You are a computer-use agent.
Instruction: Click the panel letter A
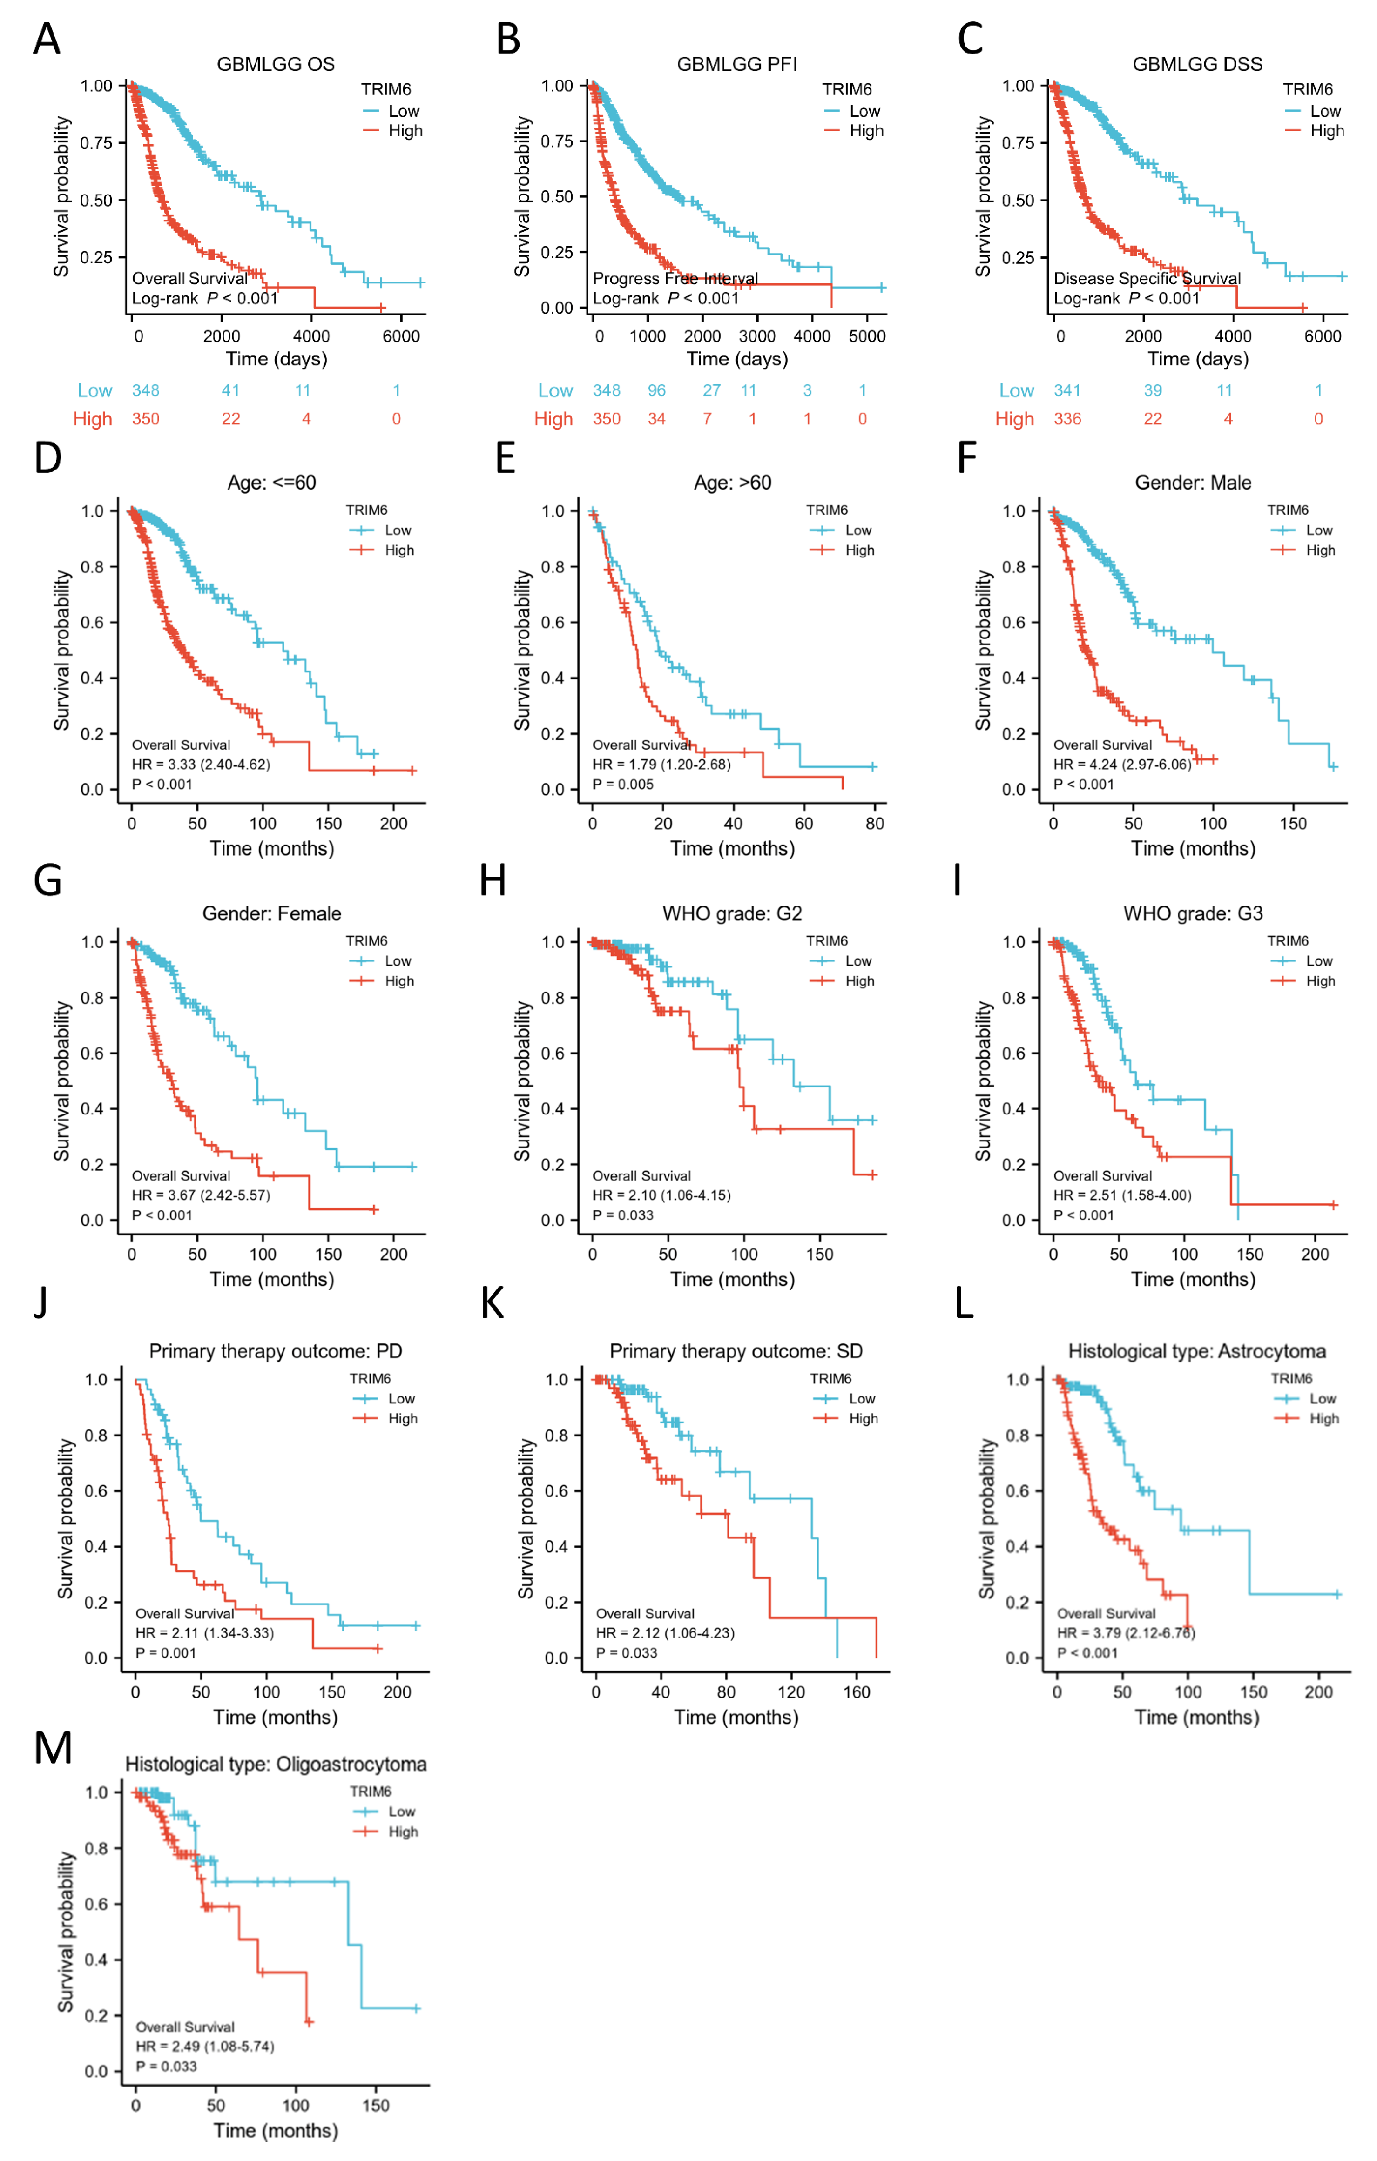click(x=47, y=40)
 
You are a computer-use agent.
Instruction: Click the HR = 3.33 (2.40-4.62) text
click(x=201, y=765)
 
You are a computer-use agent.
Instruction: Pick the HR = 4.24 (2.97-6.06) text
click(x=1122, y=765)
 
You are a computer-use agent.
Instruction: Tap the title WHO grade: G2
click(x=732, y=913)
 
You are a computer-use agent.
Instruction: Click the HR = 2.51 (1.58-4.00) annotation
click(x=1122, y=1195)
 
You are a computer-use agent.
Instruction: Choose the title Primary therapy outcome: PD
click(x=276, y=1351)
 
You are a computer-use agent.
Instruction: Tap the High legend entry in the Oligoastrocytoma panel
click(x=402, y=1832)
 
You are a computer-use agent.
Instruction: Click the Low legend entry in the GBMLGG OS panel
click(x=403, y=111)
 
